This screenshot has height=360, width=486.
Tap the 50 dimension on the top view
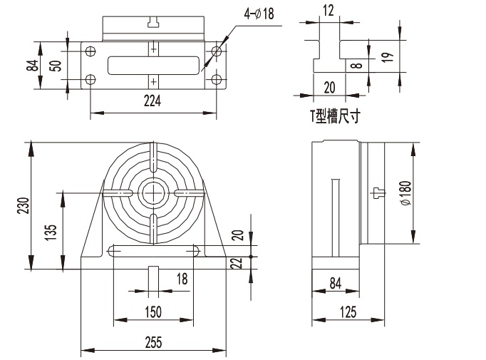click(x=54, y=66)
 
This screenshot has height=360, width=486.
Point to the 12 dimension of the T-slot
click(x=328, y=10)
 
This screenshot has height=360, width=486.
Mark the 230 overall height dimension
click(x=22, y=205)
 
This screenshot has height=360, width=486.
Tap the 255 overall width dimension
click(x=152, y=342)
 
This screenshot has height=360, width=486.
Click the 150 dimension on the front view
click(x=152, y=312)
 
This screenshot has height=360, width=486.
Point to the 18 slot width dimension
click(x=182, y=279)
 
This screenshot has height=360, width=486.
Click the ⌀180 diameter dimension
click(x=405, y=193)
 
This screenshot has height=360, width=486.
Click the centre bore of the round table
click(x=152, y=192)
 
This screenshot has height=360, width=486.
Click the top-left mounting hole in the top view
click(x=91, y=51)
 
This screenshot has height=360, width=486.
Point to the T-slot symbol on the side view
click(x=378, y=192)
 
